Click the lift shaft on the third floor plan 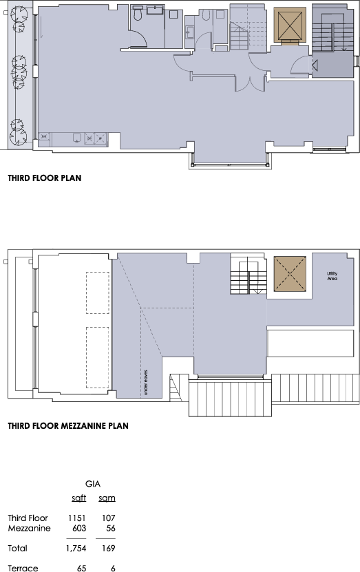point(288,26)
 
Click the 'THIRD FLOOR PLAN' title point(45,178)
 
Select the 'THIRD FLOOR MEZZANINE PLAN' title point(67,426)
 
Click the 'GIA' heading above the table point(93,484)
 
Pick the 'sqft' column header point(78,498)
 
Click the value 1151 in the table point(76,518)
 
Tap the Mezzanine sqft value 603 point(79,528)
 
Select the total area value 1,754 point(75,549)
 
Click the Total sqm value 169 point(107,549)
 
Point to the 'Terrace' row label point(23,569)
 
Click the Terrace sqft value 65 point(81,569)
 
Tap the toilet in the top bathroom point(137,14)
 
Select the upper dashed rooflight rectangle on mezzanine point(97,293)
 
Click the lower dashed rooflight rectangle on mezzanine point(97,357)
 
